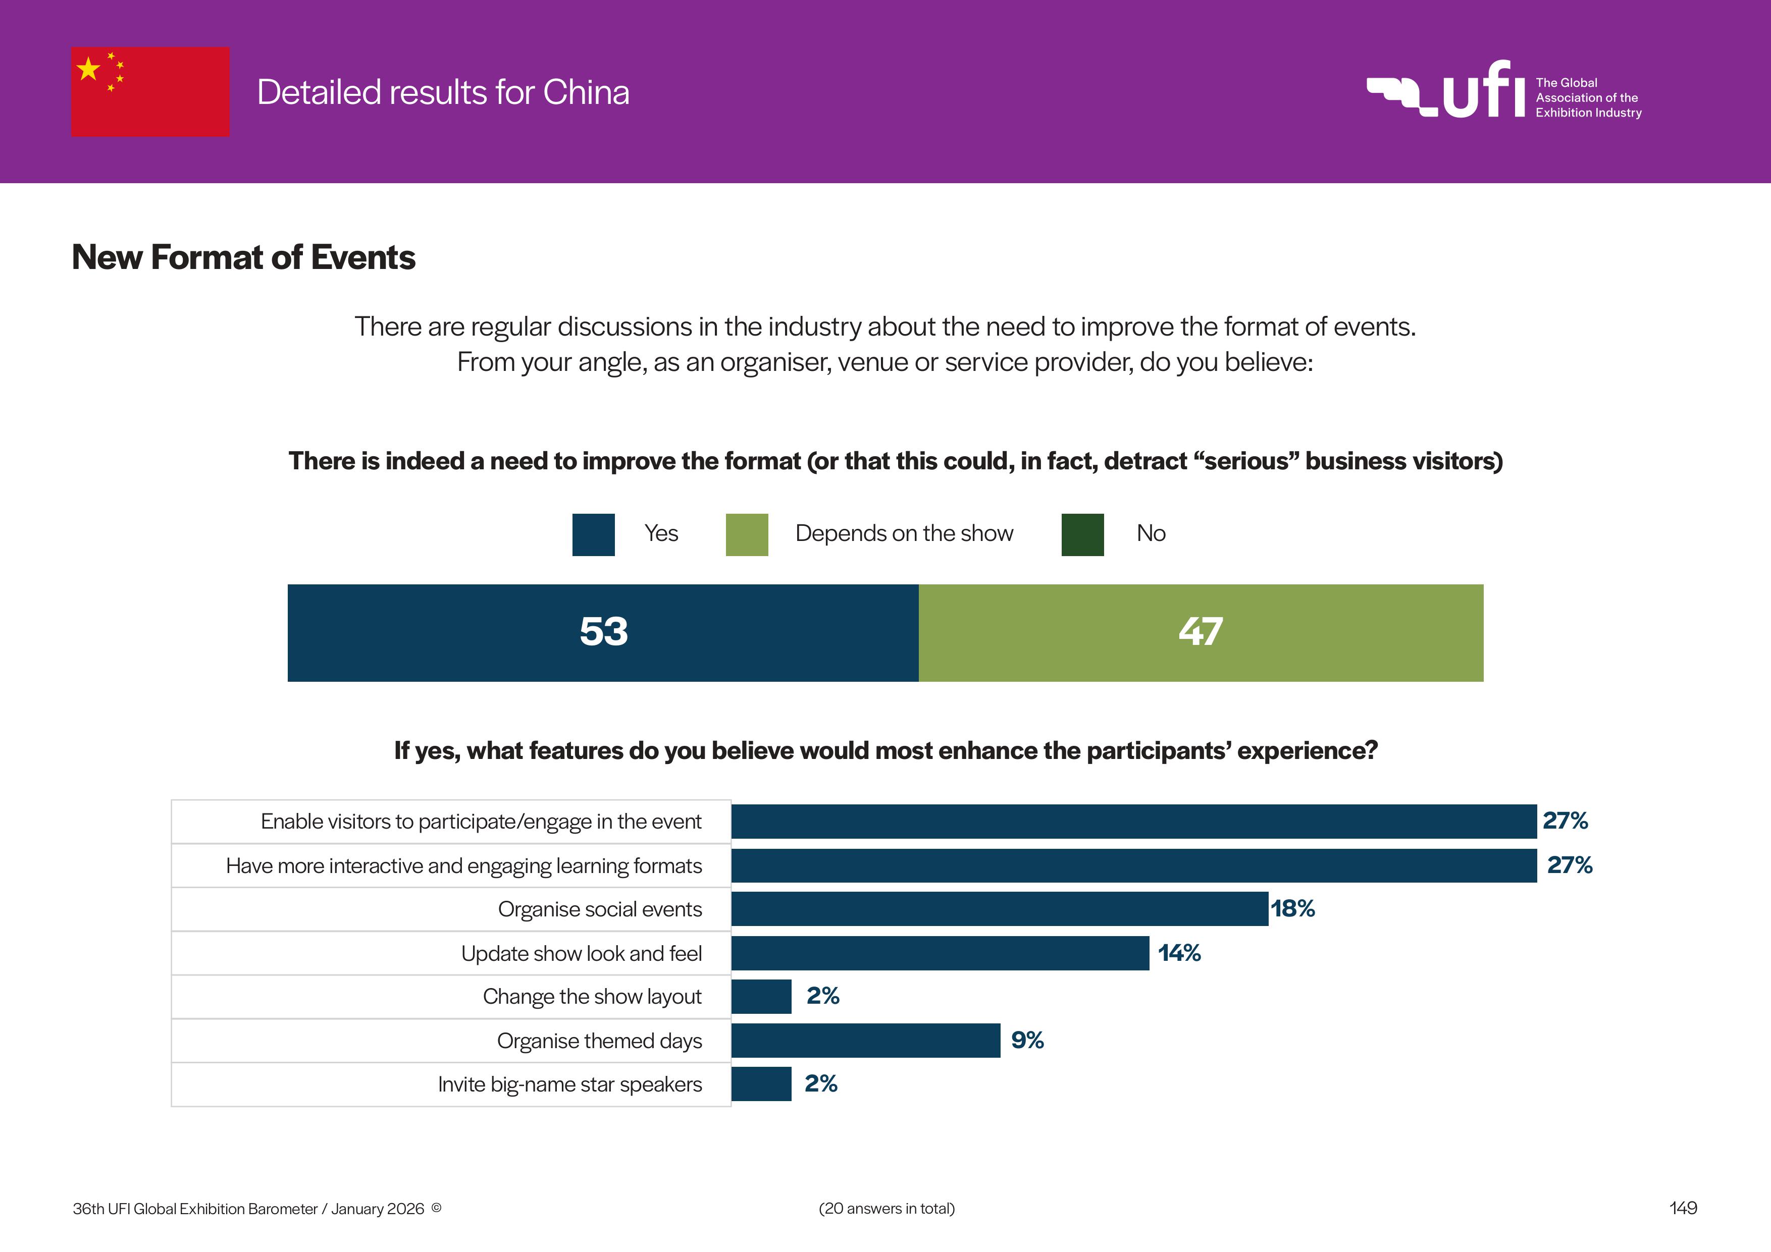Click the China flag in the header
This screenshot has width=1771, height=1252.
[x=150, y=92]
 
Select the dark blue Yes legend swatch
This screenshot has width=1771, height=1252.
[x=593, y=534]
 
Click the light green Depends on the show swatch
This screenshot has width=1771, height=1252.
[x=747, y=534]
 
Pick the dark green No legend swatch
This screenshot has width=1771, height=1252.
[x=1082, y=534]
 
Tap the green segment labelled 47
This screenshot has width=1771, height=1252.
[x=1200, y=632]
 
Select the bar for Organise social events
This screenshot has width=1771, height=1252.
[x=1000, y=909]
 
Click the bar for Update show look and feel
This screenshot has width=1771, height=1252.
[x=940, y=953]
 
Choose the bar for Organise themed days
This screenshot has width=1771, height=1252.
[x=865, y=1041]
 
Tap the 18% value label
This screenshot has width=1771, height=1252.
[x=1293, y=909]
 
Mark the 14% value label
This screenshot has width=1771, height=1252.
[x=1179, y=953]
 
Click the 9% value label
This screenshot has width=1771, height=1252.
[x=1027, y=1041]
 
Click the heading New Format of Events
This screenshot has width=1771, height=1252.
[x=244, y=257]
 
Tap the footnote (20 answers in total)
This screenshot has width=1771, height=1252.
[x=887, y=1209]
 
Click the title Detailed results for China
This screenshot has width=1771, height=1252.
[x=443, y=92]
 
